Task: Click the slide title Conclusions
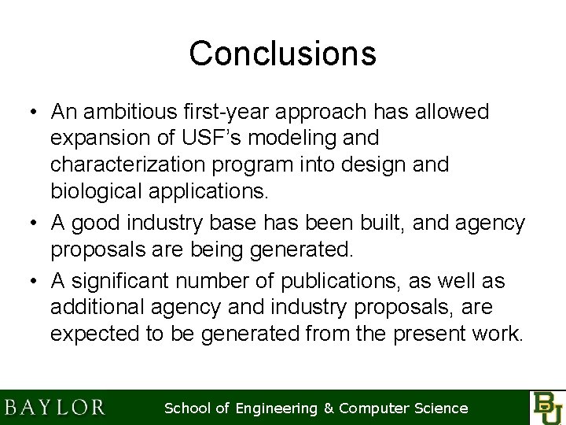282,54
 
